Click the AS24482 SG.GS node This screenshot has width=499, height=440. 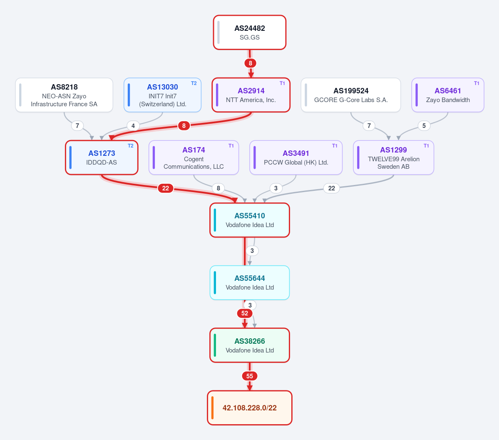[250, 32]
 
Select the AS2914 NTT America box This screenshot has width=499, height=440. [251, 95]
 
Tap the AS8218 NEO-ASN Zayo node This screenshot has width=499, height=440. [64, 95]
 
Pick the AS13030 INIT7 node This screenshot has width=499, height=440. [163, 95]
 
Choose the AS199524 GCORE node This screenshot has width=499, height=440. [351, 95]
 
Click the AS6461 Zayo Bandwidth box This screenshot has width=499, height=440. [448, 95]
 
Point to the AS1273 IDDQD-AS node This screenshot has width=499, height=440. [102, 157]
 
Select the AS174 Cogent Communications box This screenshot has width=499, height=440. [194, 157]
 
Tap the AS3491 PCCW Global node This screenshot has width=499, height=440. [296, 157]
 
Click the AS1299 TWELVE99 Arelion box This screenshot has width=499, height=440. [394, 157]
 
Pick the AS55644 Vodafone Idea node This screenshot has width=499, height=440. [250, 282]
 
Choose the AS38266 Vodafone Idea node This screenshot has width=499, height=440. [250, 345]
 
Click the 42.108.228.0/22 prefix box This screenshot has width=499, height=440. [250, 408]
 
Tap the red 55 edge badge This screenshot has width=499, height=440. [250, 376]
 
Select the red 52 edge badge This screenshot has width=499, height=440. [245, 313]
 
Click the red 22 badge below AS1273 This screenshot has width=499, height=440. [166, 188]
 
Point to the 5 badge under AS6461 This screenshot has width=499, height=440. [424, 125]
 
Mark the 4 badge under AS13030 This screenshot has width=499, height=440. [133, 125]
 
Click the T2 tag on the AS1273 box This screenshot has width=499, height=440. [131, 145]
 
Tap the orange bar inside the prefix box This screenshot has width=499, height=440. [212, 408]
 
